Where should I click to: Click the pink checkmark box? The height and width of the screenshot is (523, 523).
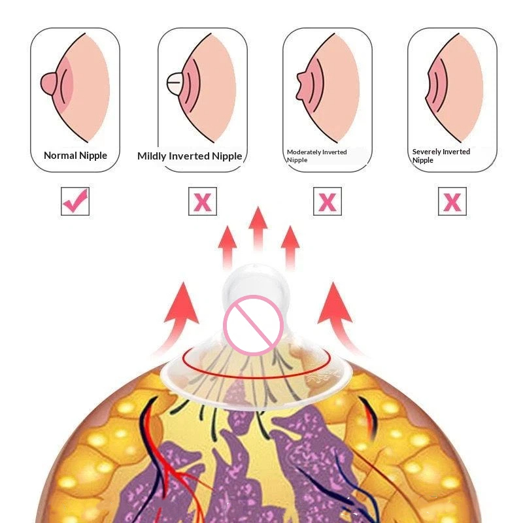tap(75, 201)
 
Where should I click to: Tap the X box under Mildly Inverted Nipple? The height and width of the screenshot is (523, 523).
tap(203, 201)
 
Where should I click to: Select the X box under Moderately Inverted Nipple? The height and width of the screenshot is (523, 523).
tap(328, 201)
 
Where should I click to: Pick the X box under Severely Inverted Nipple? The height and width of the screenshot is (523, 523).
tap(452, 201)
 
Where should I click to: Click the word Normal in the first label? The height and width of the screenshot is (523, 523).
tap(60, 156)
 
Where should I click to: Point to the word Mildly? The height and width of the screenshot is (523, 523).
tap(152, 156)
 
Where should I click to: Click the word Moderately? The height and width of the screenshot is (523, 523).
tap(303, 152)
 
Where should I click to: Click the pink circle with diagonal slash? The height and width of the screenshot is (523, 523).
tap(254, 325)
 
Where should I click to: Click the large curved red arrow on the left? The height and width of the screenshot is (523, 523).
tap(177, 317)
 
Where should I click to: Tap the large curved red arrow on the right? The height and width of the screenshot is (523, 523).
tap(339, 317)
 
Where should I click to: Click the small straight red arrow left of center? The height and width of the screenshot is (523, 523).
tap(228, 247)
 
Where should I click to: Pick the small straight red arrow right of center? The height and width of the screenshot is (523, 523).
tap(290, 247)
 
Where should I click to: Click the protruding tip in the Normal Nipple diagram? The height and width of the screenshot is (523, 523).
tap(48, 84)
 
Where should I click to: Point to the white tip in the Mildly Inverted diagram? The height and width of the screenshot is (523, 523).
tap(175, 83)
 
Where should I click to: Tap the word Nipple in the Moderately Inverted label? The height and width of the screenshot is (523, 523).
tap(297, 160)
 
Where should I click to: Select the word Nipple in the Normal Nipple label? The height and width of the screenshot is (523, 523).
tap(93, 156)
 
